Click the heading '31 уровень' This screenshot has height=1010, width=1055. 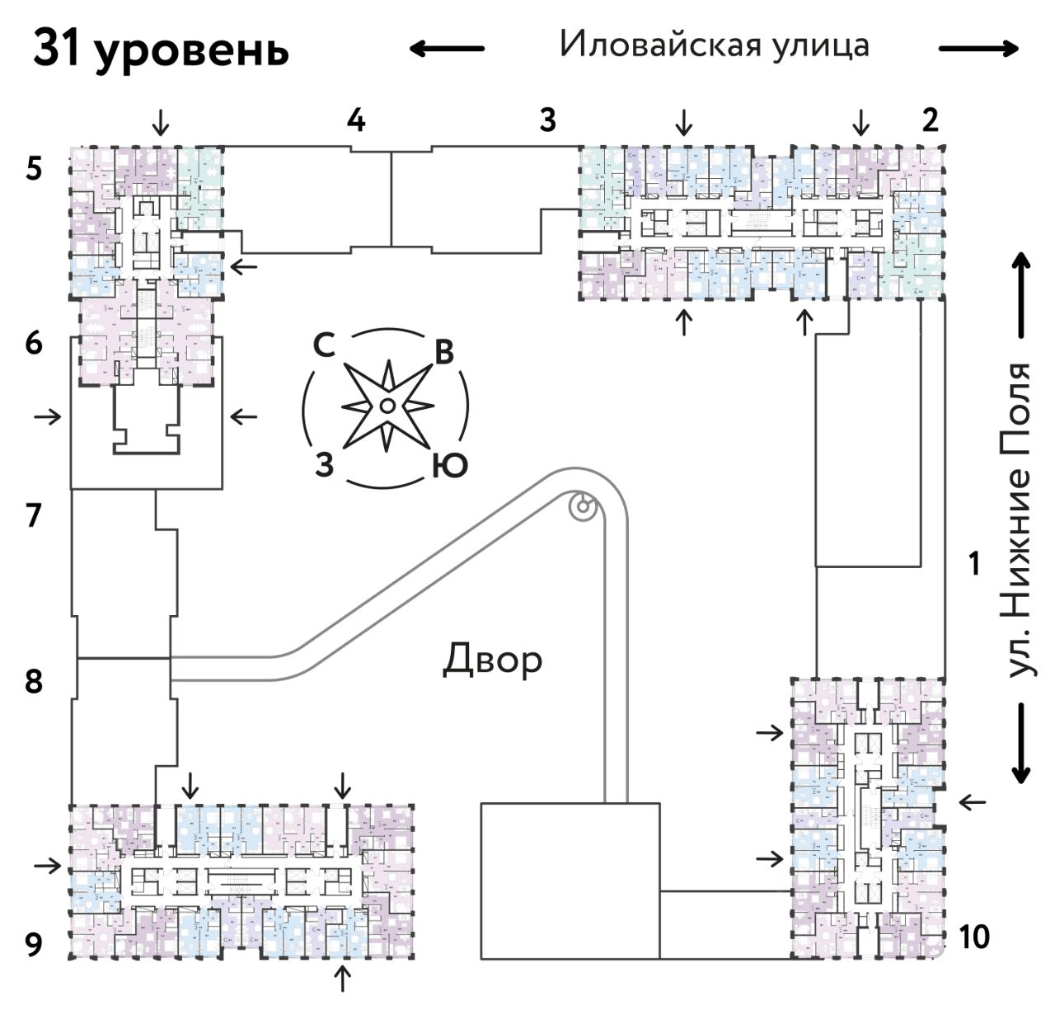coord(162,49)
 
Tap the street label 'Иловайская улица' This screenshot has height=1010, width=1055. coord(714,45)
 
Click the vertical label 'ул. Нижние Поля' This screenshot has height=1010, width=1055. coord(1020,519)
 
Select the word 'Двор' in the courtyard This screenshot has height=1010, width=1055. coord(493,660)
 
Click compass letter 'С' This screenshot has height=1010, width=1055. coord(324,347)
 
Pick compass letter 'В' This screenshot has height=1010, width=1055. coord(444,353)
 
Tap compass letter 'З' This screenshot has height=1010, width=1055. coord(325,465)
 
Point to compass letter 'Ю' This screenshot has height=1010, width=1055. coord(450,467)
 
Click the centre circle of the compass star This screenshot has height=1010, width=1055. coord(386,405)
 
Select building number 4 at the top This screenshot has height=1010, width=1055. coord(355,120)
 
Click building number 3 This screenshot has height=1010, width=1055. coord(547,120)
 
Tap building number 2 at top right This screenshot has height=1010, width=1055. coord(930,120)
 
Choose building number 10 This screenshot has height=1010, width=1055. coord(973,937)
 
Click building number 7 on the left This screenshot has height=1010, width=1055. coord(33,516)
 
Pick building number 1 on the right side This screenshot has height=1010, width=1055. coord(975,565)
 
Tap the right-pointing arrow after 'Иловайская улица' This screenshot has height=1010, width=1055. coord(979,49)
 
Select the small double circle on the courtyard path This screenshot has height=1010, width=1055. coord(582,506)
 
